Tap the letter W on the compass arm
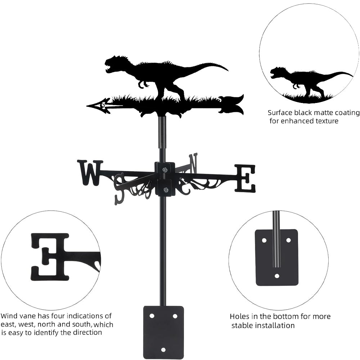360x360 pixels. [90, 173]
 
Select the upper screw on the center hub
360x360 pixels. [165, 170]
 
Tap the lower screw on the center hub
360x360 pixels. [165, 190]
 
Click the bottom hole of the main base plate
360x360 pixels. [163, 350]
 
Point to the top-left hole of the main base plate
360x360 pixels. [152, 316]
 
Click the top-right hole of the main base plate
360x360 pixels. [175, 316]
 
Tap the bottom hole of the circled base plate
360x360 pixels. [277, 276]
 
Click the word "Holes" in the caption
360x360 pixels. [240, 317]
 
